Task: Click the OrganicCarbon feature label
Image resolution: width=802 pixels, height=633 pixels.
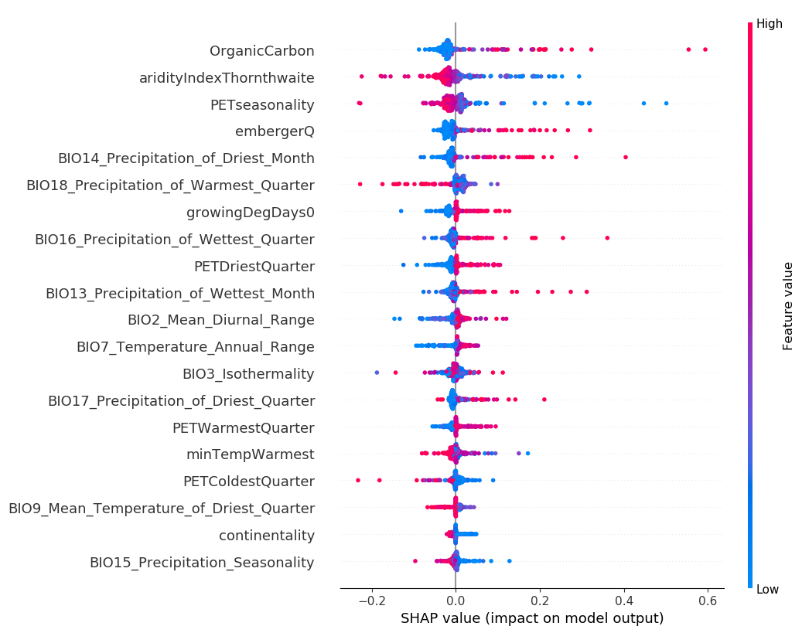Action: point(261,51)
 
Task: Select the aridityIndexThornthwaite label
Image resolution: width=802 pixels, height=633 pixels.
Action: point(227,78)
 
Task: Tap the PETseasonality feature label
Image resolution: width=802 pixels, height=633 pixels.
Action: point(262,105)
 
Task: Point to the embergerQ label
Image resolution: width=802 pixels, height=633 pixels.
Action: point(275,131)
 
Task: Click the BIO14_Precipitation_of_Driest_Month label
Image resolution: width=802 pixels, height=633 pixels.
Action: point(186,158)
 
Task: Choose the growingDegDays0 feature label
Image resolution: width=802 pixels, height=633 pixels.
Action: point(251,213)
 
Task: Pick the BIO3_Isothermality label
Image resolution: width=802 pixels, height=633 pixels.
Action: point(248,374)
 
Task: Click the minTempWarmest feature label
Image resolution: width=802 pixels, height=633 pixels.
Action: point(251,454)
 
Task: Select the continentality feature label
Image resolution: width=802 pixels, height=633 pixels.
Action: point(267,536)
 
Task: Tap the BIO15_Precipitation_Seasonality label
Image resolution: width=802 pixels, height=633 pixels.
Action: point(202,563)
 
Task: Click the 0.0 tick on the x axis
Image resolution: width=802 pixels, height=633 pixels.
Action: point(456,601)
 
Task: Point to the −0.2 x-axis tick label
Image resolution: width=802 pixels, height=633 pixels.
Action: point(371,601)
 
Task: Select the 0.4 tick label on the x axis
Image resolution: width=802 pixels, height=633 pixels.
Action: point(623,601)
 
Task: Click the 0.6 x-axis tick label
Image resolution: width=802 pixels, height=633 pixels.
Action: point(708,601)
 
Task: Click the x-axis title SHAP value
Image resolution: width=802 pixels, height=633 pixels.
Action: point(532,618)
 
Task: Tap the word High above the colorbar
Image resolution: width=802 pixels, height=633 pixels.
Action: point(770,24)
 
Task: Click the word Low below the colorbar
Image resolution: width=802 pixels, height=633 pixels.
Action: point(768,590)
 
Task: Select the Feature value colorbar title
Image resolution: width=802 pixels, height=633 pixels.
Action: point(788,306)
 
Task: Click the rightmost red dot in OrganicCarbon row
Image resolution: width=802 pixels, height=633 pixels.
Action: point(705,49)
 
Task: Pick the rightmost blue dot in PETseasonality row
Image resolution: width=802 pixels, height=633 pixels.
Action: point(666,103)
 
